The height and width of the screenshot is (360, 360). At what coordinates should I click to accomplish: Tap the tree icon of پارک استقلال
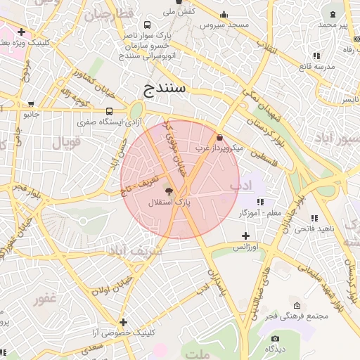pyautogui.click(x=169, y=190)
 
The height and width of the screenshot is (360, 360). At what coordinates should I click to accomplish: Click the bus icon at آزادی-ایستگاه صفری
pyautogui.click(x=109, y=111)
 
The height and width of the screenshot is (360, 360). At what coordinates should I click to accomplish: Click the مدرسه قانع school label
pyautogui.click(x=315, y=66)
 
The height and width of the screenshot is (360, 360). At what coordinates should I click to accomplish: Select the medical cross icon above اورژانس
pyautogui.click(x=245, y=236)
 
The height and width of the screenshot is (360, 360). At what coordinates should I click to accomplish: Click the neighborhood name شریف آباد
pyautogui.click(x=134, y=250)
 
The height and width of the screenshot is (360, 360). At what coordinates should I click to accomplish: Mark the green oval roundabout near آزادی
pyautogui.click(x=135, y=111)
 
